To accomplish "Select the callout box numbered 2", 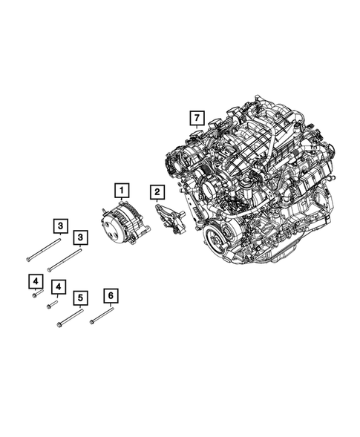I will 157,193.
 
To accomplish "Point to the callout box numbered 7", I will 196,117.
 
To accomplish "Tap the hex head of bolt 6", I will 91,323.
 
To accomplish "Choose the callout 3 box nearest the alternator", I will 79,237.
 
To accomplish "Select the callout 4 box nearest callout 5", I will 56,287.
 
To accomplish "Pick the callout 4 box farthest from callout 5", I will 34,281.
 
